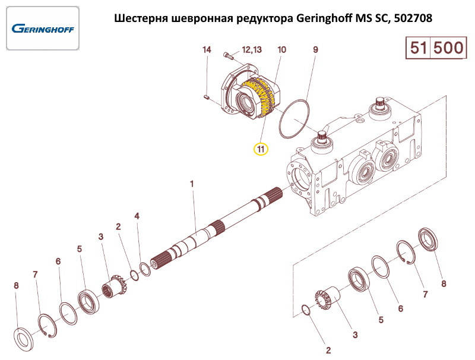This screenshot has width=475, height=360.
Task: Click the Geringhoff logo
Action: click(42, 28)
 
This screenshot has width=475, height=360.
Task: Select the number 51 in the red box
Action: click(419, 48)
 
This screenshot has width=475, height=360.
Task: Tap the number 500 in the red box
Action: click(448, 48)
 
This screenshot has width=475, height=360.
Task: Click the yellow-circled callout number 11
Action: click(261, 149)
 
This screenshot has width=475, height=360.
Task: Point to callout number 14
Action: click(207, 50)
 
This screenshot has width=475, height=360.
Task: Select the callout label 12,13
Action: click(252, 50)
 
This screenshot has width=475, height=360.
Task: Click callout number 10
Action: click(281, 50)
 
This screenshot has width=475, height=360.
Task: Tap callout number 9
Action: click(316, 50)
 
